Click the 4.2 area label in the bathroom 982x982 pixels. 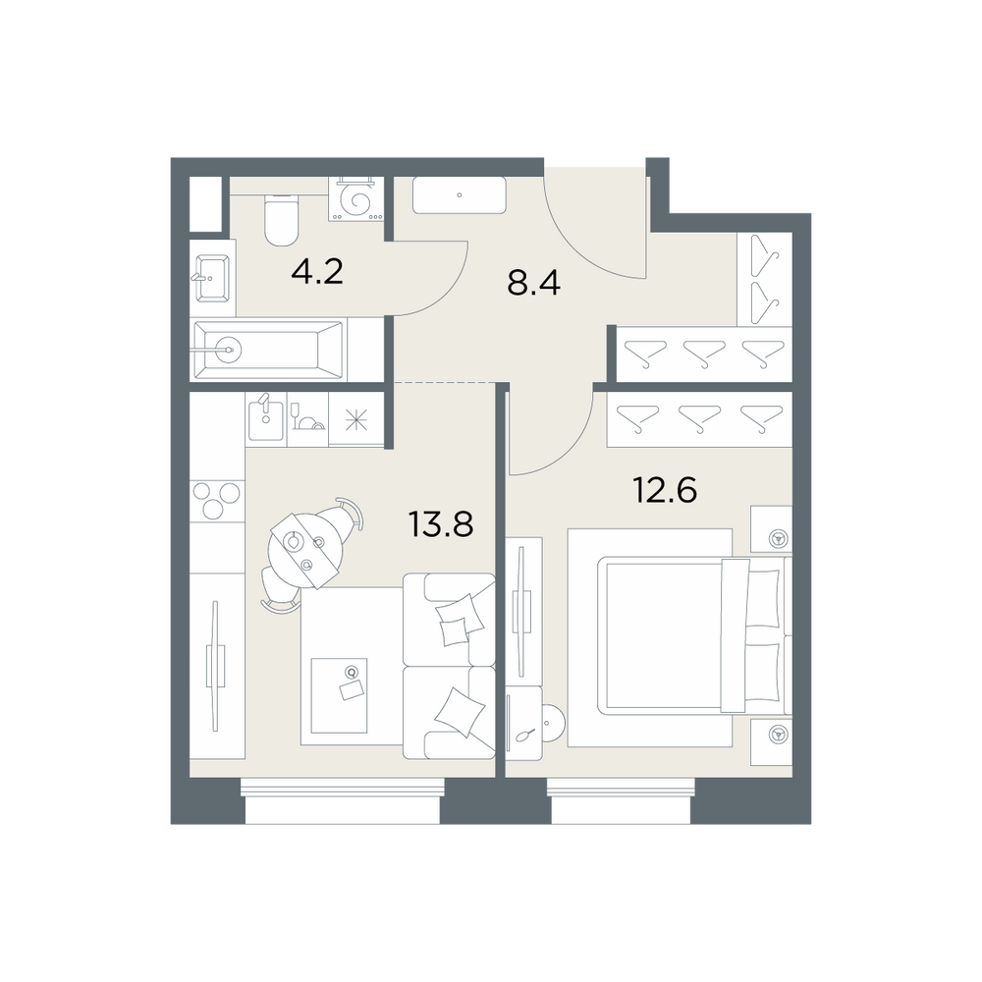pyautogui.click(x=317, y=272)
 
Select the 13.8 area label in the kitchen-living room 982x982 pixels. pyautogui.click(x=440, y=523)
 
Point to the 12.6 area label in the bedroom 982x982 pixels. pyautogui.click(x=665, y=489)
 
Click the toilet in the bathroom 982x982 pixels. pyautogui.click(x=281, y=220)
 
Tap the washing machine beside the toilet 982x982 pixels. pyautogui.click(x=356, y=199)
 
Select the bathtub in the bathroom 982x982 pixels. pyautogui.click(x=269, y=351)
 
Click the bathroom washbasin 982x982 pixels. pyautogui.click(x=212, y=278)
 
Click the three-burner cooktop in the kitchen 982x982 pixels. pyautogui.click(x=217, y=501)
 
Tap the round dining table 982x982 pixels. pyautogui.click(x=305, y=549)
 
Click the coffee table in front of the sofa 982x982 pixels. pyautogui.click(x=339, y=694)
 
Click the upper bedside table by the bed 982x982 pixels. pyautogui.click(x=772, y=529)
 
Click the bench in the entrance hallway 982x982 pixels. pyautogui.click(x=459, y=195)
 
